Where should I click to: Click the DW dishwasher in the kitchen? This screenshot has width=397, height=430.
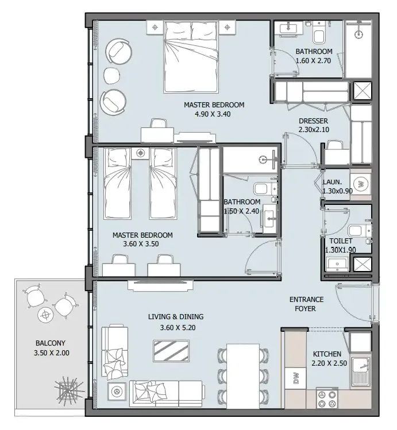click(295, 378)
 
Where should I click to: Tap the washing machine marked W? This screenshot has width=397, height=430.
click(360, 184)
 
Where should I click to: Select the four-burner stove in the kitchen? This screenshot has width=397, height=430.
click(327, 399)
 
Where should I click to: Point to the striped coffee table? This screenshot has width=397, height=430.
click(171, 351)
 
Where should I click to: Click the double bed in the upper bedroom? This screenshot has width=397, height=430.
click(191, 57)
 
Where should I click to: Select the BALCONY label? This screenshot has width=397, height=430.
click(51, 343)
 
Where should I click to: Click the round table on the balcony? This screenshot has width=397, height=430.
click(45, 316)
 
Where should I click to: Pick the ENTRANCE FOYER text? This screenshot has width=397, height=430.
click(306, 304)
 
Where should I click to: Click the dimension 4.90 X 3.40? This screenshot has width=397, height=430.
click(213, 114)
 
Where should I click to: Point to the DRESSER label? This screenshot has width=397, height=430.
click(313, 121)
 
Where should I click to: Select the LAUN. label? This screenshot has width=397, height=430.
click(332, 182)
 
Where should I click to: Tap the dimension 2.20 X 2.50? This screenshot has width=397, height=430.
click(329, 363)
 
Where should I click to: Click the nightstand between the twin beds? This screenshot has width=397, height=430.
click(141, 153)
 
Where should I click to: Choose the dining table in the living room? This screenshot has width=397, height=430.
click(243, 376)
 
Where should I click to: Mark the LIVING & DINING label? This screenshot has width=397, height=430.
click(176, 317)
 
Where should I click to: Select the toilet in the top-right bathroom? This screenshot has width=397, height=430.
click(318, 32)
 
